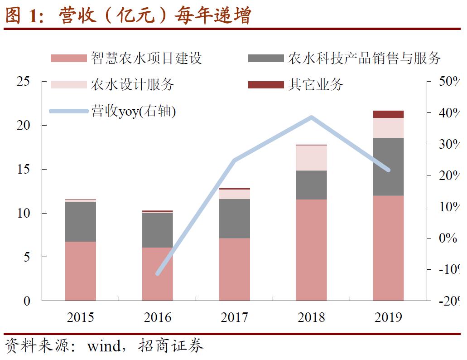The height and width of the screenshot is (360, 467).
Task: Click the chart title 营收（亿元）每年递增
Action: [154, 16]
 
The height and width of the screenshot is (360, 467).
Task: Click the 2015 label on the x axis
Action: [81, 317]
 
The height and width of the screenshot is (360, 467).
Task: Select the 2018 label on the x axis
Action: [311, 317]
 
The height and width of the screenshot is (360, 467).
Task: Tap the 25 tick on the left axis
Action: [23, 82]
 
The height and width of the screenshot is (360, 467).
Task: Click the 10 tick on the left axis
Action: [23, 213]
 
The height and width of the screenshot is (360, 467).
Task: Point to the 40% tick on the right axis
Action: [449, 113]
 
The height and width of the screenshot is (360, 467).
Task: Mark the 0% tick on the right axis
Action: [448, 238]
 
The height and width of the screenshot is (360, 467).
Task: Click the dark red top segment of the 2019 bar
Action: [388, 114]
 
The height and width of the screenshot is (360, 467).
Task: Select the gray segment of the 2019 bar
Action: [388, 166]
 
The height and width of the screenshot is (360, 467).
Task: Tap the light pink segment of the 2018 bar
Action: [311, 158]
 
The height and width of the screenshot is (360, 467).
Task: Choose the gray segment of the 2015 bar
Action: [81, 222]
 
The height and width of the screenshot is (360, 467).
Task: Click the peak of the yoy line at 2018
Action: [311, 117]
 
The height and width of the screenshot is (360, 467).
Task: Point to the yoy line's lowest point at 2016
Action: [158, 273]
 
